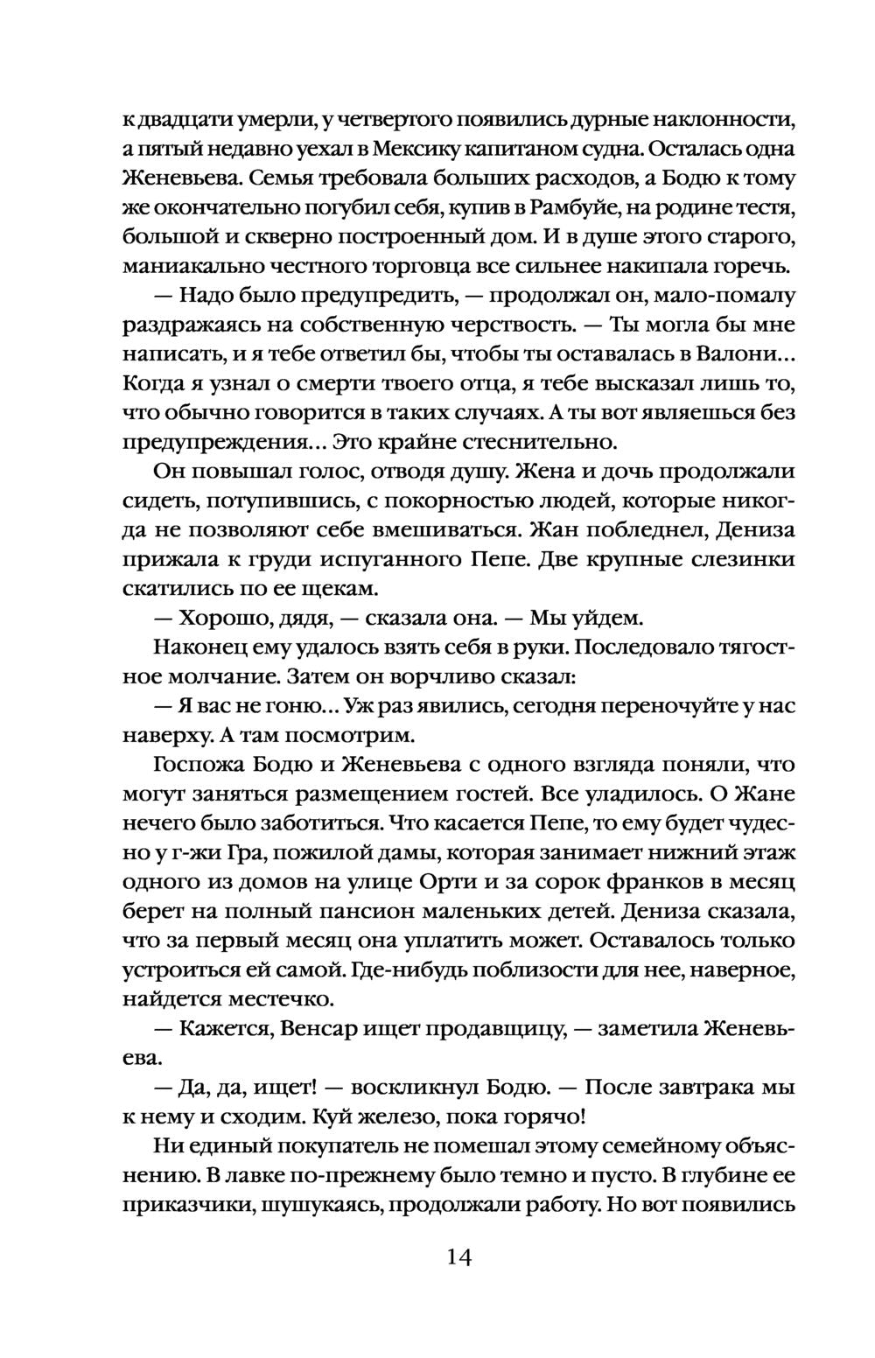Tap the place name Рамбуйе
point(567,208)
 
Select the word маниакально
point(181,266)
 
